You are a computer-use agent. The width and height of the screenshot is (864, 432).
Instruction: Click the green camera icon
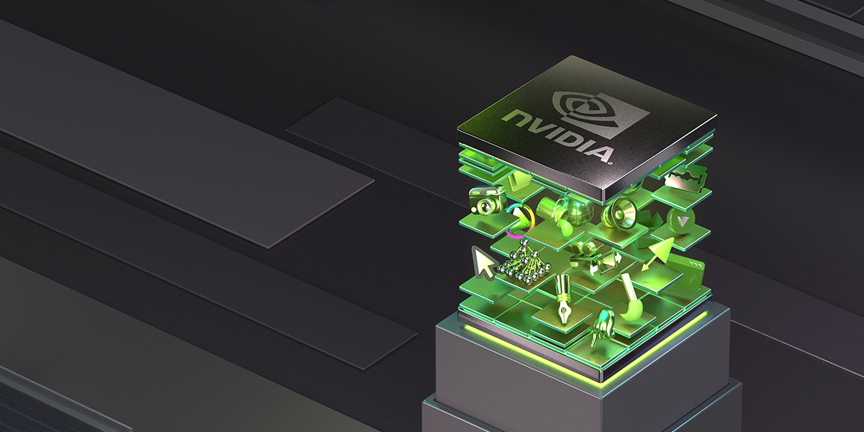tap(487, 200)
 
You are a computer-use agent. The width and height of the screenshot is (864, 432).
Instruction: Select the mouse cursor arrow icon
tap(483, 263)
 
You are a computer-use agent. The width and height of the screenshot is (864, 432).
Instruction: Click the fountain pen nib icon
tap(563, 300)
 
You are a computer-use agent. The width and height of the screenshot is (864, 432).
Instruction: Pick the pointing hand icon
tap(601, 327)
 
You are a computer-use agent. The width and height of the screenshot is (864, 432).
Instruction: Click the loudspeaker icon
tap(622, 212)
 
